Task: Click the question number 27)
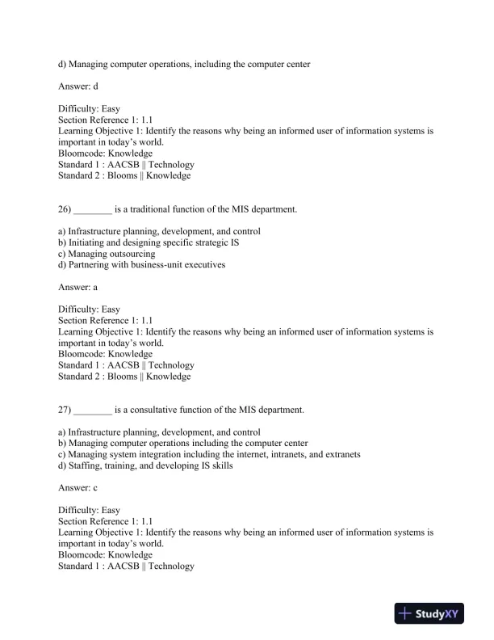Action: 65,410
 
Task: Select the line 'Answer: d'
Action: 78,86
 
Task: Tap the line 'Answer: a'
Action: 78,287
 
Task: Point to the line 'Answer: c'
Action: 78,488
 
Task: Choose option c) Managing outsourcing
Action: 107,254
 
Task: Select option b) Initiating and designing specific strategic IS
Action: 149,242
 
